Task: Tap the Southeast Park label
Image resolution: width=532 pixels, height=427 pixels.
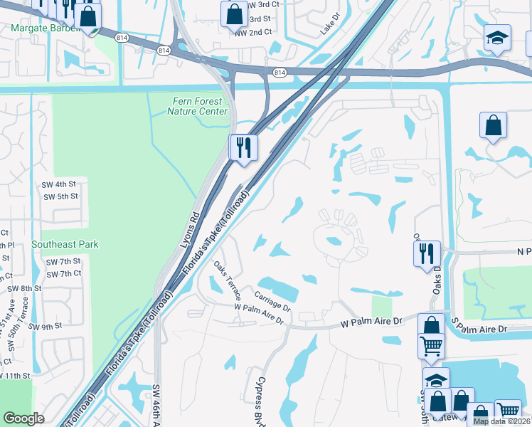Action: tap(65, 244)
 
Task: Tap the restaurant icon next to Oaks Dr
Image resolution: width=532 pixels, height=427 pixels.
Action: tap(427, 254)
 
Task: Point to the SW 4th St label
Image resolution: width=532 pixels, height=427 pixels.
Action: tap(60, 184)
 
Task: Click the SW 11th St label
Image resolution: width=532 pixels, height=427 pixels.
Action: tap(15, 375)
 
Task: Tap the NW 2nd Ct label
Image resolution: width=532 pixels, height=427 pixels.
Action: tap(253, 32)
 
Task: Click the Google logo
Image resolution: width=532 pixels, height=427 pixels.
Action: tap(23, 418)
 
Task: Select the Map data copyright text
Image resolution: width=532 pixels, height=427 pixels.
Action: tap(501, 421)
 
